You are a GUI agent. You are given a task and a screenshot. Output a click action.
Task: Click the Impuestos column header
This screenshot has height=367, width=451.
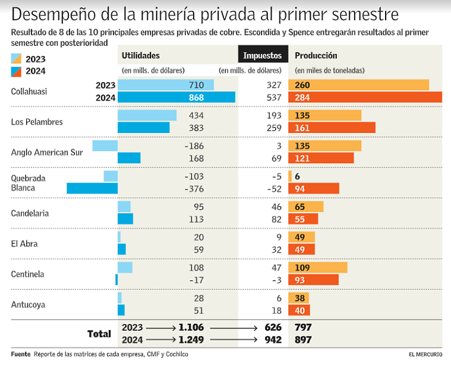tap(262, 55)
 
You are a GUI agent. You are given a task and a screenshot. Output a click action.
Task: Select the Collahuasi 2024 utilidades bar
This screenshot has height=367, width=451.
tap(176, 97)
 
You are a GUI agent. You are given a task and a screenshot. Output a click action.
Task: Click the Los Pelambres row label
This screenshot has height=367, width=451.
tap(37, 122)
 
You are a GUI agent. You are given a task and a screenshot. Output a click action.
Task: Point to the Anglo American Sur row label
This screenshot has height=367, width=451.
tap(47, 153)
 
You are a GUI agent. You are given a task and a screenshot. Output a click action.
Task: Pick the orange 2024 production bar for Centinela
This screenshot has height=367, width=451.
tap(313, 280)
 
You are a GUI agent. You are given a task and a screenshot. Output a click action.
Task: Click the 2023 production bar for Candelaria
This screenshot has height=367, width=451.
tap(306, 207)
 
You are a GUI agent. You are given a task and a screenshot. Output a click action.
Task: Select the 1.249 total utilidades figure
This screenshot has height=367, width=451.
tap(192, 340)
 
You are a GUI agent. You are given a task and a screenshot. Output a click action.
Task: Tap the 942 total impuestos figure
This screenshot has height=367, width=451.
tap(273, 340)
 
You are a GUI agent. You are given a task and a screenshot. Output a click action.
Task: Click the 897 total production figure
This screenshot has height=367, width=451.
tap(303, 340)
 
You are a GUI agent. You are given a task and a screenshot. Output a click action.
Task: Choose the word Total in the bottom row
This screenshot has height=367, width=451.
tap(99, 334)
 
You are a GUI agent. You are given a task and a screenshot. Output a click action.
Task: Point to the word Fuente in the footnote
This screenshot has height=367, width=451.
tap(20, 355)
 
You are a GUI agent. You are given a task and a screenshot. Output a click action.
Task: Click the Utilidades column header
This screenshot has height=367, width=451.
tap(141, 55)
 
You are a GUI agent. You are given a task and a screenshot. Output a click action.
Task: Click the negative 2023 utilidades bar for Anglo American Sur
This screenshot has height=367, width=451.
tap(105, 146)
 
